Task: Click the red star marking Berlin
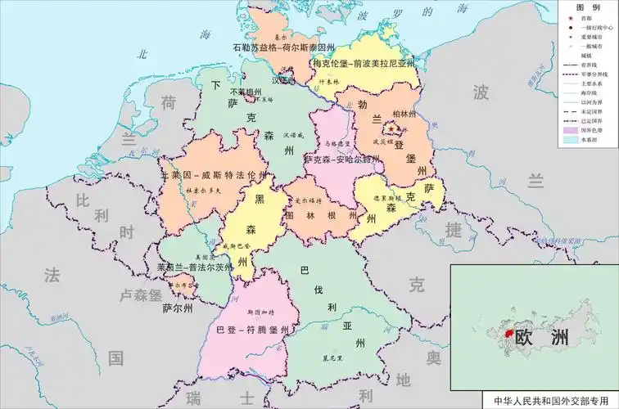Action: [x=396, y=128]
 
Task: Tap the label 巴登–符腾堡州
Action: [x=253, y=330]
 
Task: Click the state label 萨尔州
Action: [x=178, y=308]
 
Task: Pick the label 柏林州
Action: [x=405, y=113]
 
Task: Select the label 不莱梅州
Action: [x=246, y=92]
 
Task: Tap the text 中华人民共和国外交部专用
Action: [x=552, y=401]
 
